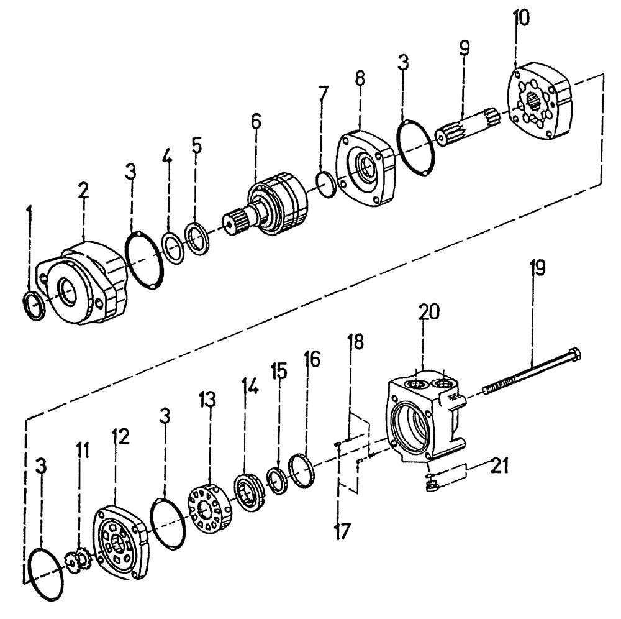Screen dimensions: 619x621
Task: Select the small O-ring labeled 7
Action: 326,185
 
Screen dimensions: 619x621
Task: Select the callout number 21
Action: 499,465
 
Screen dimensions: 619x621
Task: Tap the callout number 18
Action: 356,343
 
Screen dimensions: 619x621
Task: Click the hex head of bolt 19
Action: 574,354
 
